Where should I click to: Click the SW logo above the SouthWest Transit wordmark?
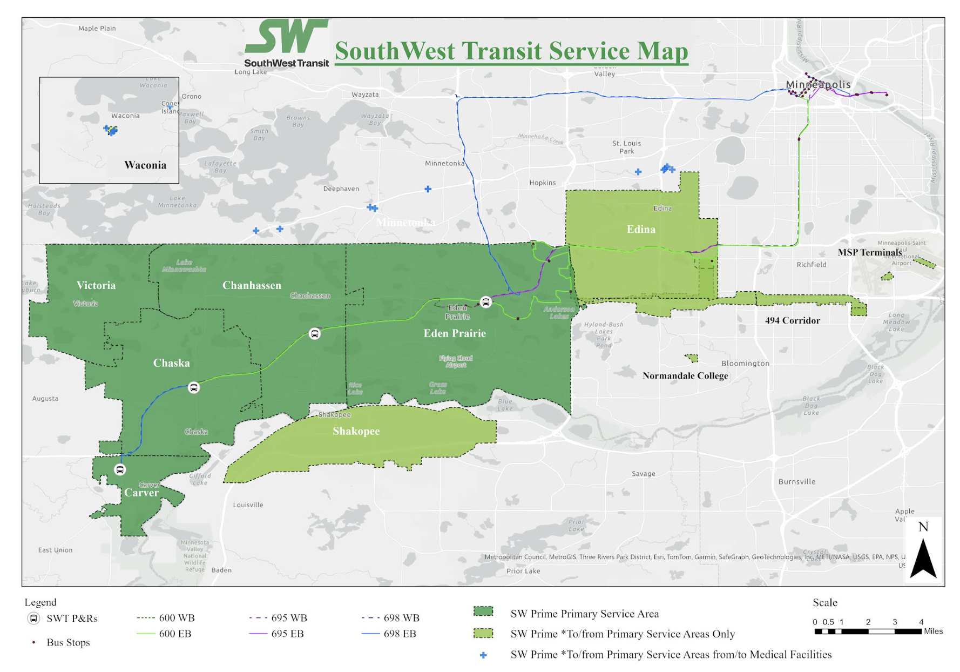(x=286, y=37)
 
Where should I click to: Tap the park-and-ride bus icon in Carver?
(x=120, y=469)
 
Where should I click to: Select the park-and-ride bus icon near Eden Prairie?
(x=485, y=302)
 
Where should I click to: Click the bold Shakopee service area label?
(x=356, y=431)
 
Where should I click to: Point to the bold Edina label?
(x=641, y=229)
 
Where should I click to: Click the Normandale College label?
(x=685, y=375)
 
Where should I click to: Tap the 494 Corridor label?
(x=792, y=320)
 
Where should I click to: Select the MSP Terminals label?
(x=869, y=252)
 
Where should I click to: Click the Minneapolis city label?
(x=818, y=84)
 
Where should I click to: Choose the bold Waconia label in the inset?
(x=145, y=165)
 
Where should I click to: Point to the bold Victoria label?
(x=96, y=285)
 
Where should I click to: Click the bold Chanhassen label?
(x=252, y=285)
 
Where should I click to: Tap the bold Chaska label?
(x=171, y=363)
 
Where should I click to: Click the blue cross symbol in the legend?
(x=483, y=655)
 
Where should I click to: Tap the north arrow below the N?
(x=923, y=559)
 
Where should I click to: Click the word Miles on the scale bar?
(x=933, y=631)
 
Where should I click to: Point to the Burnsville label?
(x=796, y=481)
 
